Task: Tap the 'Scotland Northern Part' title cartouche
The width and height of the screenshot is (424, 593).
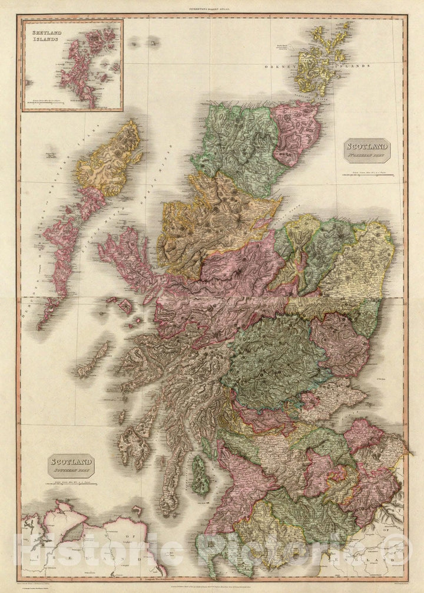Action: [366, 150]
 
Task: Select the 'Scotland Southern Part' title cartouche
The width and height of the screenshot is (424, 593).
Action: [70, 465]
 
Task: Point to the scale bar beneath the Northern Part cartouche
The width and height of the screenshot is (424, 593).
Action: [365, 173]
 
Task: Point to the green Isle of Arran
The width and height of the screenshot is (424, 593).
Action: [201, 475]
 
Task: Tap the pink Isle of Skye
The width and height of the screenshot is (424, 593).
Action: [127, 259]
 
